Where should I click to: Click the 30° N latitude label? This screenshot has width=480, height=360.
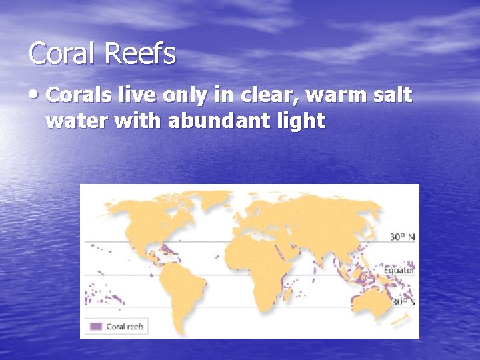403,237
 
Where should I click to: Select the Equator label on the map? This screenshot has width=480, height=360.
400,270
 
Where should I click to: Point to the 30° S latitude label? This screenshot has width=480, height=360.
403,302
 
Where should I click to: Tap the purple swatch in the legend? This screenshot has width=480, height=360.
95,327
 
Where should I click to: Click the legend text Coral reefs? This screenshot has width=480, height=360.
125,327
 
